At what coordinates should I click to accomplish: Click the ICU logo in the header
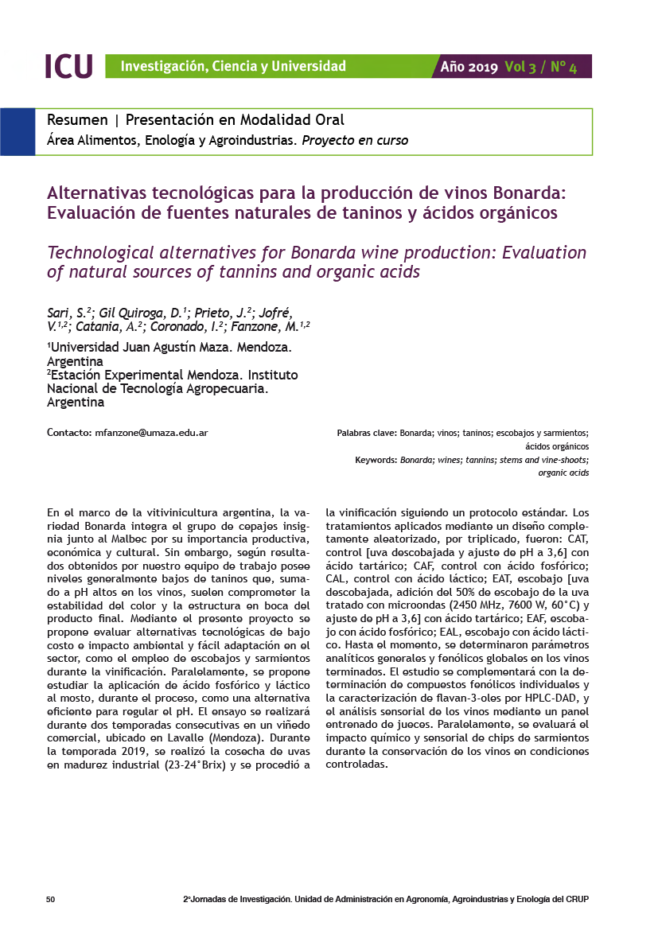click(x=68, y=66)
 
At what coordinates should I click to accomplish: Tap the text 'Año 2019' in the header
click(x=469, y=67)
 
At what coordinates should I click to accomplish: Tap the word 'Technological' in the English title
click(x=101, y=253)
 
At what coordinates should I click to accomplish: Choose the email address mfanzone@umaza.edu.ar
click(x=151, y=433)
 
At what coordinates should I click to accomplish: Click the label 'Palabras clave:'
click(x=367, y=433)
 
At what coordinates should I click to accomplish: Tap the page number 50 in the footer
click(x=51, y=899)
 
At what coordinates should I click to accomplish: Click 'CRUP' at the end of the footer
click(x=577, y=899)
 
